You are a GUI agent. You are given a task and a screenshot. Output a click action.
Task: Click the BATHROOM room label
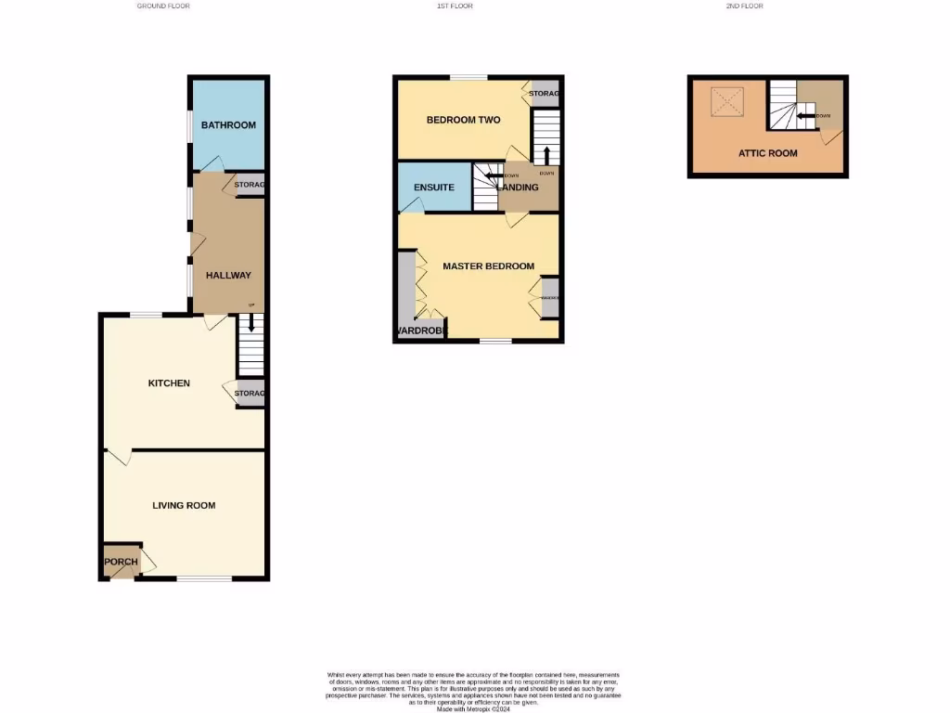pos(228,125)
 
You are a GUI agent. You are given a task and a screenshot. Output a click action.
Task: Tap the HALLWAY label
pos(228,275)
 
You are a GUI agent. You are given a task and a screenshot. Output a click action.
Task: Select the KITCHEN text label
pos(170,383)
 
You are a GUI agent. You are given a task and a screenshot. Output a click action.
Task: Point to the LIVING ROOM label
pos(184,506)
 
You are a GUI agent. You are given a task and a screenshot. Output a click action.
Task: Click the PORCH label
pos(121,563)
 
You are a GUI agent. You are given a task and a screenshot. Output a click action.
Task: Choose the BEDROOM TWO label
pos(463,121)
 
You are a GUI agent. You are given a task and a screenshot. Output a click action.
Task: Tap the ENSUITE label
pos(433,188)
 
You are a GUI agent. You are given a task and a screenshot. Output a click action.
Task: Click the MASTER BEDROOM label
pos(488,266)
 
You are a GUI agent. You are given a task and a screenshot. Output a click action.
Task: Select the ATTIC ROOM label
pos(767,153)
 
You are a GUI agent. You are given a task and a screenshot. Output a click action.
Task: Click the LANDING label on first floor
pos(520,188)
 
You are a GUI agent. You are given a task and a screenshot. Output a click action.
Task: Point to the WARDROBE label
pos(422,331)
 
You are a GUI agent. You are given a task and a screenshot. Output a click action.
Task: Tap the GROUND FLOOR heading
pos(163,6)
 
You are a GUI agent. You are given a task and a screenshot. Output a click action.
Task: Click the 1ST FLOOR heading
pos(455,6)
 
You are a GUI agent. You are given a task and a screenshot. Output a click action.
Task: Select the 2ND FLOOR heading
pos(745,6)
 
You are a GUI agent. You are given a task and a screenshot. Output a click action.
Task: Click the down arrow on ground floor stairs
pos(250,325)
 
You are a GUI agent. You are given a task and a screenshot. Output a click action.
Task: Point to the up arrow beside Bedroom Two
pos(546,154)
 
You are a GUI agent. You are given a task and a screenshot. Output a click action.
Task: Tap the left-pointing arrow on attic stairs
pos(805,116)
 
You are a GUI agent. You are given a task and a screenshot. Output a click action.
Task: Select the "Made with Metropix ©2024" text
pos(474,707)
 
